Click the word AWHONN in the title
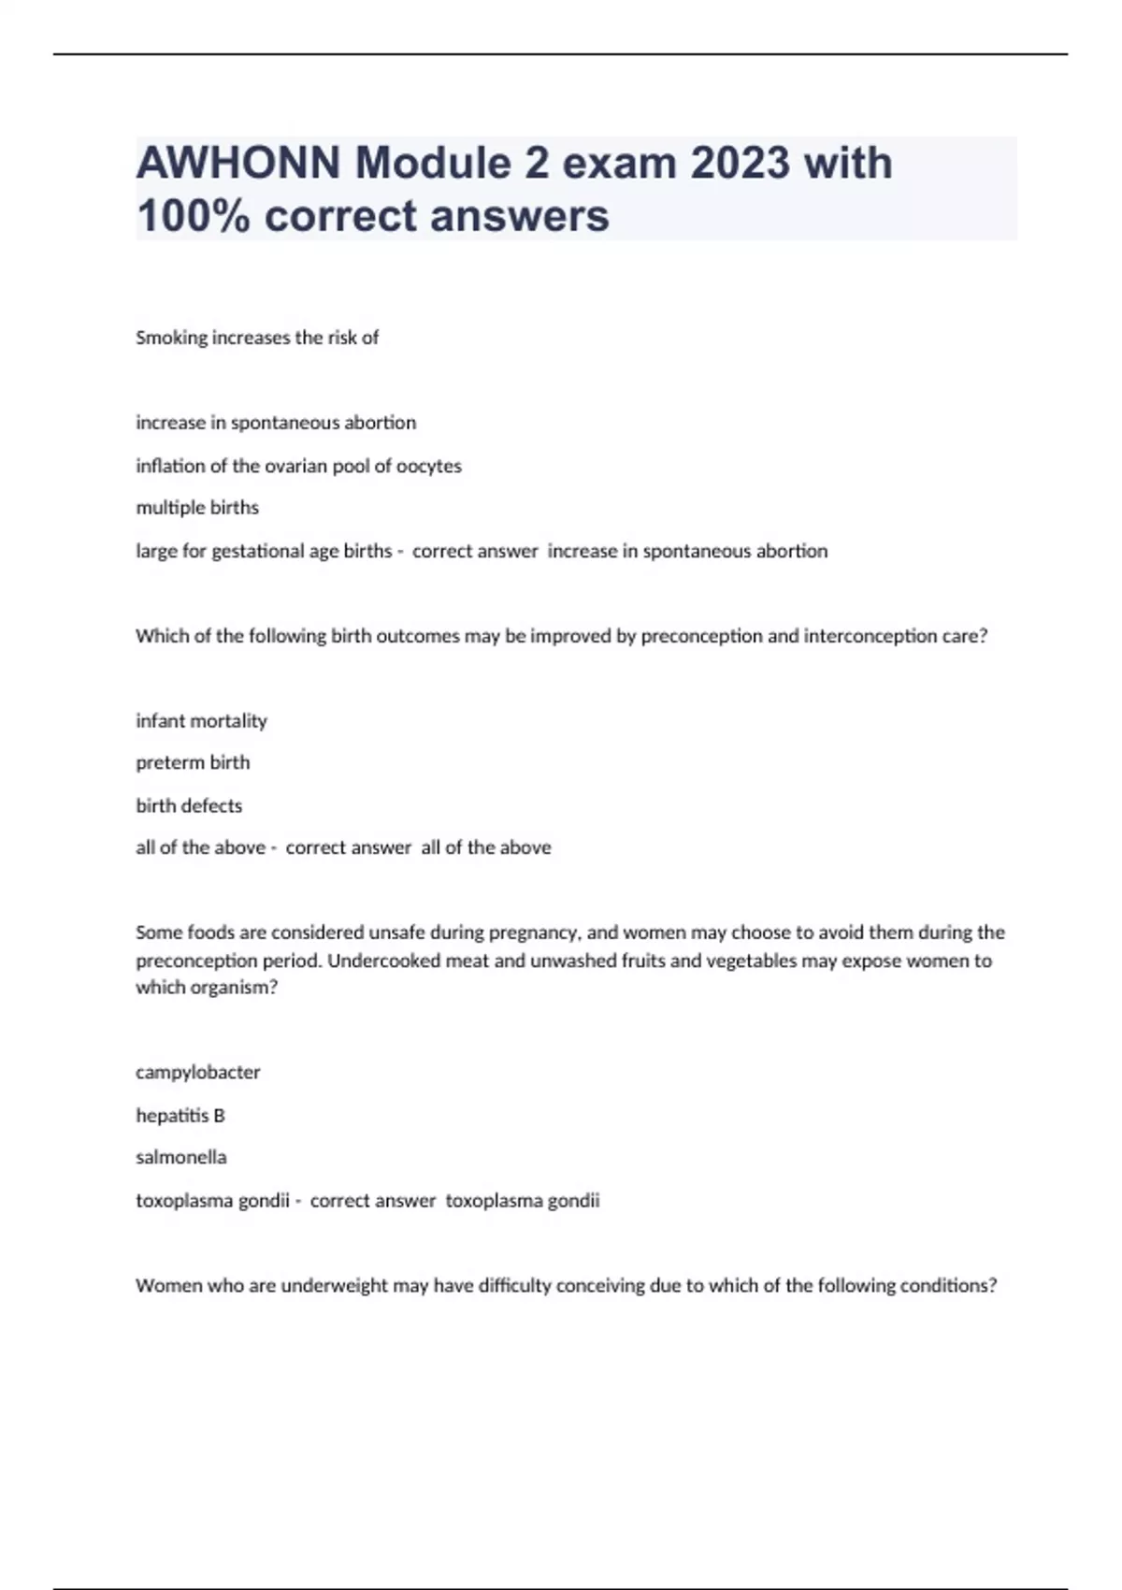[238, 164]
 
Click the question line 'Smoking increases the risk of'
[257, 338]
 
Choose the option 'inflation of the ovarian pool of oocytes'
[298, 466]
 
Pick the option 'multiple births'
[197, 508]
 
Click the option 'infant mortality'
[201, 721]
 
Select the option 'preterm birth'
[193, 763]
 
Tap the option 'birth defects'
[189, 805]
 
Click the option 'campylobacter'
[198, 1073]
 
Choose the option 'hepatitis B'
[180, 1115]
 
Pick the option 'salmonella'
[181, 1157]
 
